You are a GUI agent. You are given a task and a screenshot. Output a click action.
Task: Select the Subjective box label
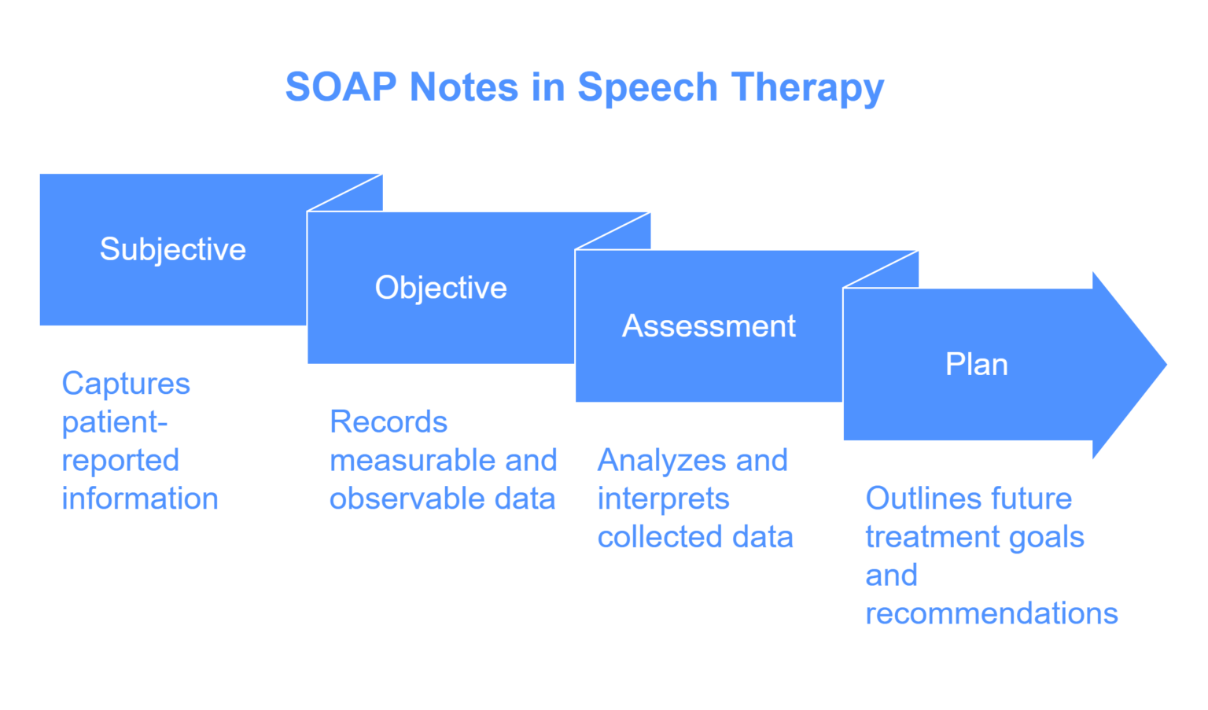pos(173,249)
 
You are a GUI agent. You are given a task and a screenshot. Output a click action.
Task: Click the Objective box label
pos(440,288)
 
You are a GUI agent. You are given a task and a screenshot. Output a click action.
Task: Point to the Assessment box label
pos(709,326)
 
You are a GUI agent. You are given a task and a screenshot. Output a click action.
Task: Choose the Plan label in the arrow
pos(976,364)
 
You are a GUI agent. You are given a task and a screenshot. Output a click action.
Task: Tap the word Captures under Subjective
pos(126,384)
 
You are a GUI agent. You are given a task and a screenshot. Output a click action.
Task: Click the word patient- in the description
pos(115,423)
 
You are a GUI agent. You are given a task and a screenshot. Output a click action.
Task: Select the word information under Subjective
pos(140,498)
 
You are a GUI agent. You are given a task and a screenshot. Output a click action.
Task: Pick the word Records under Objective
pos(389,422)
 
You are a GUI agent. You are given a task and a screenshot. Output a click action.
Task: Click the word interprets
pos(663,499)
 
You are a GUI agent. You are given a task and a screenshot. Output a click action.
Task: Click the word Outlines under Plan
pos(912,498)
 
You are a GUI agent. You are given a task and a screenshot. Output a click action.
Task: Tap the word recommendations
pos(991,613)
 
